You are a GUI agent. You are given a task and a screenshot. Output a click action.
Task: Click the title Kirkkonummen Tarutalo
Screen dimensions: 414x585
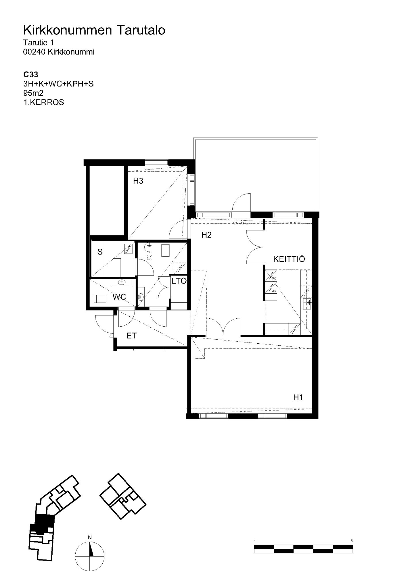[x=94, y=30]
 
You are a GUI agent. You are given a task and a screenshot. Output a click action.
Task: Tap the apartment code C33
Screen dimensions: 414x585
[x=31, y=75]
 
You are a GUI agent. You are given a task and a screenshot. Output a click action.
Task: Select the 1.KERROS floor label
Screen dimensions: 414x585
[x=44, y=102]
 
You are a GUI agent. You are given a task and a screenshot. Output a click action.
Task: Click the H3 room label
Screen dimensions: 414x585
[x=138, y=181]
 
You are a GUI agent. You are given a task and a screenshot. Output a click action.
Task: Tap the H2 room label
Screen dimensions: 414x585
[x=206, y=235]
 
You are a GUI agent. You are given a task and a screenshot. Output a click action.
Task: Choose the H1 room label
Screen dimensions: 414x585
[x=298, y=397]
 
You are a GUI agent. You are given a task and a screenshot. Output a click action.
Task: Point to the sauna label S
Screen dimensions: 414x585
[x=100, y=252]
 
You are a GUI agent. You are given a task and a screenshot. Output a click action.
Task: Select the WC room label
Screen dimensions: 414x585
[x=119, y=297]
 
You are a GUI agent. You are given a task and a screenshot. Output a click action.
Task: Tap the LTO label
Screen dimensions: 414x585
[x=179, y=281]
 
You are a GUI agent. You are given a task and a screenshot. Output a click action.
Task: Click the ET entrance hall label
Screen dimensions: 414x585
[x=132, y=336]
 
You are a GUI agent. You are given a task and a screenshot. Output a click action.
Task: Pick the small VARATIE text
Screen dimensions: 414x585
[x=241, y=223]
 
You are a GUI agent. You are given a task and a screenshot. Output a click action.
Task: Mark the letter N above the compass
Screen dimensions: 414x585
[x=90, y=537]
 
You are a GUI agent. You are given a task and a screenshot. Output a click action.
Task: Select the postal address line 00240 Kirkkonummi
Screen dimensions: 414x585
[x=59, y=52]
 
